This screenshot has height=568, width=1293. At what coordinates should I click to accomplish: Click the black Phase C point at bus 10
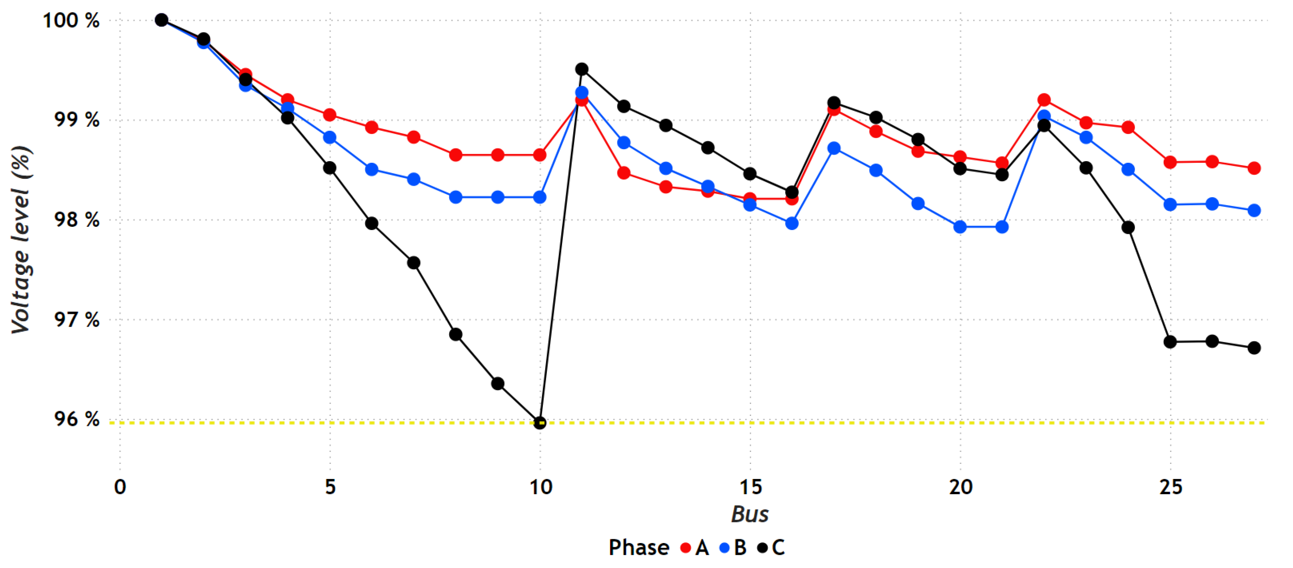tap(540, 423)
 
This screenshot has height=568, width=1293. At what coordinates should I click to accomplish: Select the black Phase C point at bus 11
tap(582, 69)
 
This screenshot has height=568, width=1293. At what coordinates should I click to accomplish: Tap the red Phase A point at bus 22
tap(1044, 100)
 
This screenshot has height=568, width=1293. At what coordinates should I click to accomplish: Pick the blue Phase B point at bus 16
tap(791, 223)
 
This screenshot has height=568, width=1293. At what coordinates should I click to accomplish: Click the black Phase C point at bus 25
tap(1170, 342)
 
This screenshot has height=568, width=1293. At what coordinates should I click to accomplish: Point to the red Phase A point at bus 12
tap(624, 173)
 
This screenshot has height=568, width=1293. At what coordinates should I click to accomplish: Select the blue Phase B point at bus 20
tap(960, 227)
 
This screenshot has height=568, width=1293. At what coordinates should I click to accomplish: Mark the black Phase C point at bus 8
tap(456, 335)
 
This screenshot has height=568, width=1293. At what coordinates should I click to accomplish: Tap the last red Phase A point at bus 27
tap(1254, 168)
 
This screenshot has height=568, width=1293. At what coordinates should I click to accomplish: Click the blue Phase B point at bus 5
tap(330, 137)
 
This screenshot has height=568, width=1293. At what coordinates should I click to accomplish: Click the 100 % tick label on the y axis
tap(71, 21)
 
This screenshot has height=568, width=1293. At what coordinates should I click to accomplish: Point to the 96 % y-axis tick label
tap(76, 419)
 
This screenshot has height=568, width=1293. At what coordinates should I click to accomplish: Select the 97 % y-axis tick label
tap(76, 319)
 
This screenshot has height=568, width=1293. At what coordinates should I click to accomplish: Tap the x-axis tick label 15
tap(751, 487)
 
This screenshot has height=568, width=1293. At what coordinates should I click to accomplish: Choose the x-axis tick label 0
tap(120, 487)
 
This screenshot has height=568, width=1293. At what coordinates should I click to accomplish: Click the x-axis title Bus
tap(749, 514)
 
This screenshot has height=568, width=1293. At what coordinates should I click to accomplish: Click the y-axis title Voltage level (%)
tap(21, 240)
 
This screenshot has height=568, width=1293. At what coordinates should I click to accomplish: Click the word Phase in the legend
tap(638, 547)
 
